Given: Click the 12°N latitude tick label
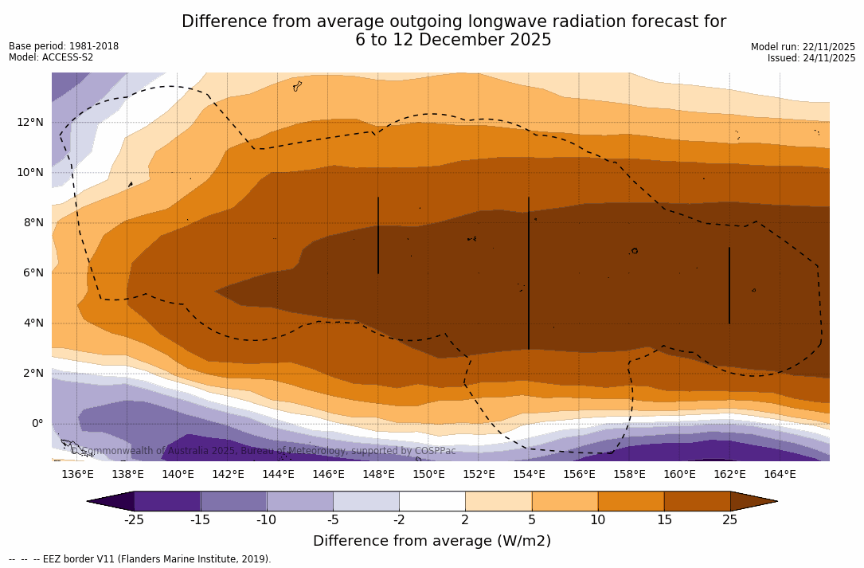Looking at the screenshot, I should [x=29, y=122].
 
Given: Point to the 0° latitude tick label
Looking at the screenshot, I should [x=37, y=423].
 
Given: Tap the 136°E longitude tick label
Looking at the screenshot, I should [x=77, y=474].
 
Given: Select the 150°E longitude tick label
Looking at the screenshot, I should [x=428, y=474].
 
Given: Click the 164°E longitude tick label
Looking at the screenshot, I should [x=780, y=474].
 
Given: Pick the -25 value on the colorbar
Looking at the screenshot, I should [x=134, y=520].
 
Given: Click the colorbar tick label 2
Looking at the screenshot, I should [x=465, y=520].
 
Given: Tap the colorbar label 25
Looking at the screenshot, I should [x=729, y=520].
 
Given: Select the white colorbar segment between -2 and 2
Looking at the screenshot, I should [x=432, y=501].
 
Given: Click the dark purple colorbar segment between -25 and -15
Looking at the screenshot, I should [x=167, y=501].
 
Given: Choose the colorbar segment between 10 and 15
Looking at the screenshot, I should [x=631, y=501].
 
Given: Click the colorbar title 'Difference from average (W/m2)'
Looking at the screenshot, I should [x=432, y=542].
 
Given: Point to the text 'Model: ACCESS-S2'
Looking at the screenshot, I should [x=51, y=57].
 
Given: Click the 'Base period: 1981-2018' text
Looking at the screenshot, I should [x=64, y=46].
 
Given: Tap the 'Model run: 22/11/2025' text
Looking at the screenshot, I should [x=803, y=47].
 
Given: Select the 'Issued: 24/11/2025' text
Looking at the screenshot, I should [x=811, y=58].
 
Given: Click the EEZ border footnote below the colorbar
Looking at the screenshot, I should [x=140, y=559].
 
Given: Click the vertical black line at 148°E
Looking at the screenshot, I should [x=378, y=235].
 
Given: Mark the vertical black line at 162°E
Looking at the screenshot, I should [x=729, y=285].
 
